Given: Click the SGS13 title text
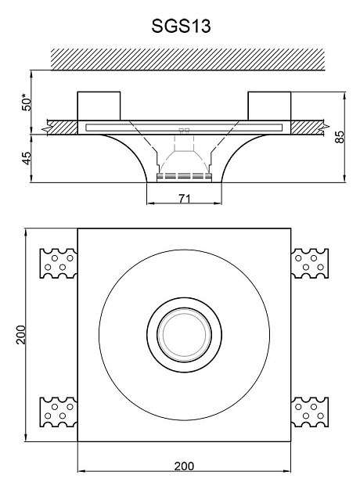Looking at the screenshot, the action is pyautogui.click(x=181, y=26).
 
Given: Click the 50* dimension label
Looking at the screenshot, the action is pyautogui.click(x=27, y=103).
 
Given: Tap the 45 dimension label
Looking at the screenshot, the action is pyautogui.click(x=27, y=158).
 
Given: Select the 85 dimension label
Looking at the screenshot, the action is pyautogui.click(x=340, y=137).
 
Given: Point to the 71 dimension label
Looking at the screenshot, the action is pyautogui.click(x=185, y=199).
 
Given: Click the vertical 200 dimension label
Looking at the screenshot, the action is pyautogui.click(x=21, y=335).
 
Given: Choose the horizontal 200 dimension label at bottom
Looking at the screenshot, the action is pyautogui.click(x=184, y=466).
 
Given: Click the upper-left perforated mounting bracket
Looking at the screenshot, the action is pyautogui.click(x=59, y=263).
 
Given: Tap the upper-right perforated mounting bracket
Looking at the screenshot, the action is pyautogui.click(x=310, y=263).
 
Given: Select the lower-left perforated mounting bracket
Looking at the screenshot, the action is pyautogui.click(x=59, y=412).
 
